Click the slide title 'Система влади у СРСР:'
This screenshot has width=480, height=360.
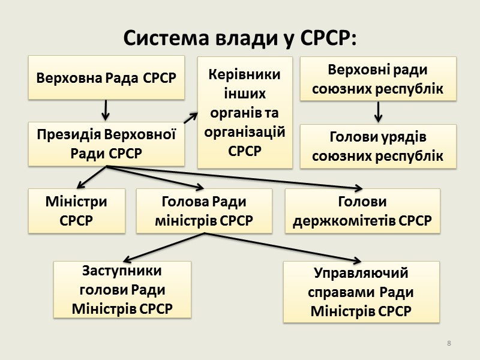[239, 38]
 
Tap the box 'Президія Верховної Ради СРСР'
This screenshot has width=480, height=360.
[106, 144]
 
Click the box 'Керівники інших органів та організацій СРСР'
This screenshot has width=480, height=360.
[245, 112]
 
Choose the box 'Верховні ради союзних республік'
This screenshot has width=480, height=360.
[378, 78]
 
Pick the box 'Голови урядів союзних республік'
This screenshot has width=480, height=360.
[378, 146]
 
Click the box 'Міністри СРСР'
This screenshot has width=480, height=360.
[77, 211]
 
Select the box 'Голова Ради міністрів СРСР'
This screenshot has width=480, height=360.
[204, 211]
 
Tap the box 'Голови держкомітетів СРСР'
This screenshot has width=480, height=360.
[362, 211]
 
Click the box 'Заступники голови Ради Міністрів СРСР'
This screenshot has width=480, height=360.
[122, 290]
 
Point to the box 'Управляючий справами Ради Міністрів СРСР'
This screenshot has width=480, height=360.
[361, 292]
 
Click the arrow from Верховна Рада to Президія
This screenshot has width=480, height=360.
[106, 110]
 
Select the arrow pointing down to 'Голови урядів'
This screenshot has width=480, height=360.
[379, 111]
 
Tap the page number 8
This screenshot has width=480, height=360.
[449, 343]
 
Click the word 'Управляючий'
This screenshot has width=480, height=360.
[361, 274]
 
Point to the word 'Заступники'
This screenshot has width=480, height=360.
[122, 271]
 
